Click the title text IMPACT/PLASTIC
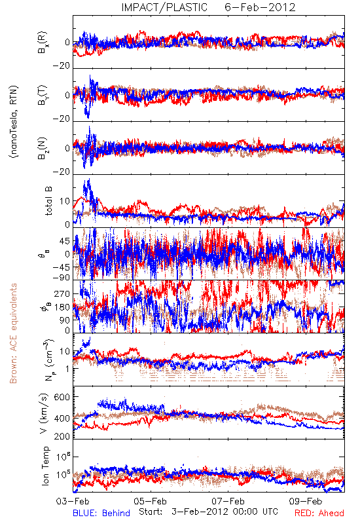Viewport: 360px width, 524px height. (164, 7)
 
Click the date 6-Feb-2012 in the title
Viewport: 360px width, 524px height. (260, 7)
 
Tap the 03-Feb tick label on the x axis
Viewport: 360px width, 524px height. (73, 501)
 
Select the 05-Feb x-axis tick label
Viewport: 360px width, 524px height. (151, 501)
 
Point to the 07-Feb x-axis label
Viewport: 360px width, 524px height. (228, 501)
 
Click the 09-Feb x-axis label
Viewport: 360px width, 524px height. (306, 501)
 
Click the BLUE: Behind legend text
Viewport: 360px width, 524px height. (101, 514)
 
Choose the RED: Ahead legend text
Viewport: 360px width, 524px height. (319, 514)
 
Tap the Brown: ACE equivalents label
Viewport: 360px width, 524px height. (13, 333)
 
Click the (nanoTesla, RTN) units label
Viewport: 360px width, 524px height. (14, 122)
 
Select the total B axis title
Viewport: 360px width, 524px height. (48, 200)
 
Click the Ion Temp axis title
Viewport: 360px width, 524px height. (45, 466)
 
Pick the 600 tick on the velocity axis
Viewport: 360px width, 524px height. (62, 398)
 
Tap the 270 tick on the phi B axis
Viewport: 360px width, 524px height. (62, 294)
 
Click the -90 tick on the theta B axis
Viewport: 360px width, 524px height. (61, 278)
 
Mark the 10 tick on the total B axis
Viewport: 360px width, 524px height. (65, 202)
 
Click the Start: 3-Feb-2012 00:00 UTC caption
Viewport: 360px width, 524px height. (208, 512)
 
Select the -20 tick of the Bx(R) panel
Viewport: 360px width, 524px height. (61, 66)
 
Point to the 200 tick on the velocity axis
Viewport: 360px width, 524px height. (62, 436)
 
